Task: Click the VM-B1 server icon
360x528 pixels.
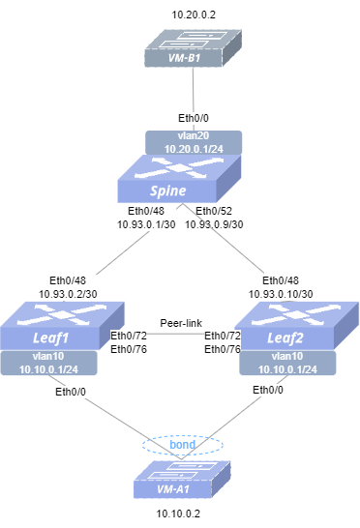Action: click(194, 48)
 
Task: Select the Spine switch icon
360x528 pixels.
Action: click(179, 179)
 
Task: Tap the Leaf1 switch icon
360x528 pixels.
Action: click(62, 326)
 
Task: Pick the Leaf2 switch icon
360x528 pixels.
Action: click(297, 326)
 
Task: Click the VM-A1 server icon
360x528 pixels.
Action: click(182, 480)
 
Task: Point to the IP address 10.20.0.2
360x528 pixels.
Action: click(194, 15)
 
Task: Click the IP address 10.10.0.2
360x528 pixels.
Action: click(178, 513)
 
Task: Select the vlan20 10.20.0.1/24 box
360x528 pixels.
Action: click(194, 142)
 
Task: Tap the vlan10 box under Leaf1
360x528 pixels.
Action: click(48, 363)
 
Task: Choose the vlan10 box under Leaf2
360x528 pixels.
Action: click(287, 363)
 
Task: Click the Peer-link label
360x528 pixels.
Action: click(181, 323)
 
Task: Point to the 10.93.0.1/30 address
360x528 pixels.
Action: click(146, 224)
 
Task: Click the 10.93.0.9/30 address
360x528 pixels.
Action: click(214, 224)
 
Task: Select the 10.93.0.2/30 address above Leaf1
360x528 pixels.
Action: click(68, 294)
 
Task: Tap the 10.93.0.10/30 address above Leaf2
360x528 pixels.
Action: click(281, 294)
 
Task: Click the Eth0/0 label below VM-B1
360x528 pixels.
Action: click(194, 118)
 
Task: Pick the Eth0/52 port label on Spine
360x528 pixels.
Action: click(214, 211)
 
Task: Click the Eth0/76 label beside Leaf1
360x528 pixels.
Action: click(129, 349)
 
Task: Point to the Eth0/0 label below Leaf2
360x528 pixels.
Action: click(268, 390)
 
